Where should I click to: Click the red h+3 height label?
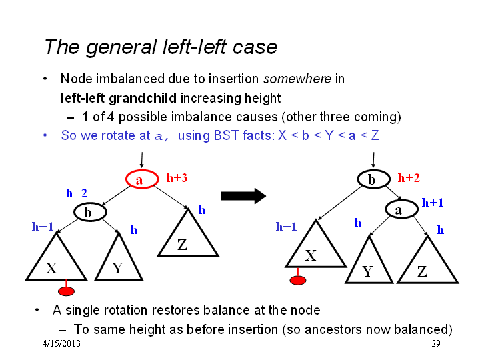tap(177, 178)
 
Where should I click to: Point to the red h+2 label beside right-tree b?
tap(409, 178)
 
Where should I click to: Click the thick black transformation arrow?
tap(243, 196)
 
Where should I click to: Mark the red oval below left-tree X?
tap(66, 291)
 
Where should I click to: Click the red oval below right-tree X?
tap(298, 280)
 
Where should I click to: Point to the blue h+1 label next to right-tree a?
tap(433, 203)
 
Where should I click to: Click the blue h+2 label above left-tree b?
tap(77, 193)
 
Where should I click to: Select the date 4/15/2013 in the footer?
tap(61, 343)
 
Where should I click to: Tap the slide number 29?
tap(436, 343)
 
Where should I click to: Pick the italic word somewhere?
tap(297, 79)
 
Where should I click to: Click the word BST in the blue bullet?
tap(226, 135)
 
